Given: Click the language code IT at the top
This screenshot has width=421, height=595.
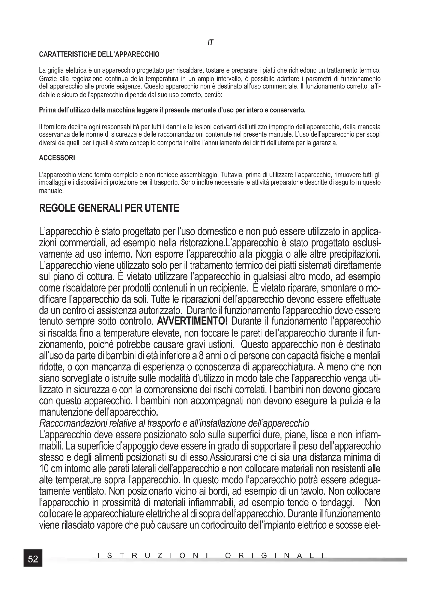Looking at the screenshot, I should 210,43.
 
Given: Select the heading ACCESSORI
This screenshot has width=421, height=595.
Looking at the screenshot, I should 57,158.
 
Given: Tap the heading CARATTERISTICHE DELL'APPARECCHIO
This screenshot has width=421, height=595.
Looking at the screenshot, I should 99,54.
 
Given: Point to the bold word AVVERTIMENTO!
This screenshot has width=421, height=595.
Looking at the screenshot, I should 192,322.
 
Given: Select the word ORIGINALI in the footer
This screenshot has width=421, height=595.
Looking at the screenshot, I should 275,556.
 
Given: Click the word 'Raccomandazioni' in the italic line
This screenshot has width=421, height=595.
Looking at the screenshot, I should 73,424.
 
